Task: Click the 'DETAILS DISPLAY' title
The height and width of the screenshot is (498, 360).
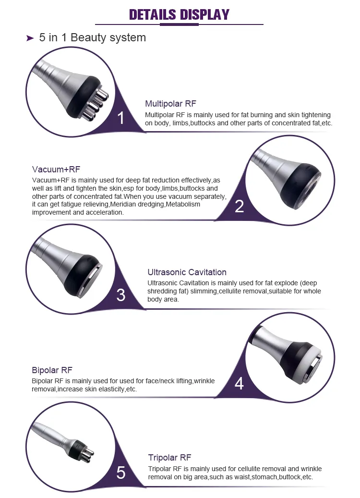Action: (x=179, y=14)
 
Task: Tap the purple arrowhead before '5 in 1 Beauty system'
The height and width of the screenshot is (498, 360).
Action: (x=30, y=38)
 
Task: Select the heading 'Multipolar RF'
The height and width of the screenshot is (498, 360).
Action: (x=170, y=104)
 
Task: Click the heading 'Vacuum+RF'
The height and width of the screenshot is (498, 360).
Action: (x=56, y=170)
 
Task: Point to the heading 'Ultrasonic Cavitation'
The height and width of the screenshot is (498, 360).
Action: (x=187, y=272)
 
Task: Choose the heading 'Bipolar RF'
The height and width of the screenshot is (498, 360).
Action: (x=52, y=370)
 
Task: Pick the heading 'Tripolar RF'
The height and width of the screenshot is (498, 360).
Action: (x=169, y=458)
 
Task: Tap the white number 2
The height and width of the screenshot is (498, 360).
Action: (x=239, y=206)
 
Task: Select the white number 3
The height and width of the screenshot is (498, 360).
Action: (x=121, y=295)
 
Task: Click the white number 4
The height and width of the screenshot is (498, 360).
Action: (x=239, y=384)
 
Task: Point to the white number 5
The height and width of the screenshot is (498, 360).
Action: (x=121, y=473)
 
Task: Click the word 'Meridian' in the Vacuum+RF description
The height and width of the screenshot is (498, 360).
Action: (x=126, y=205)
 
